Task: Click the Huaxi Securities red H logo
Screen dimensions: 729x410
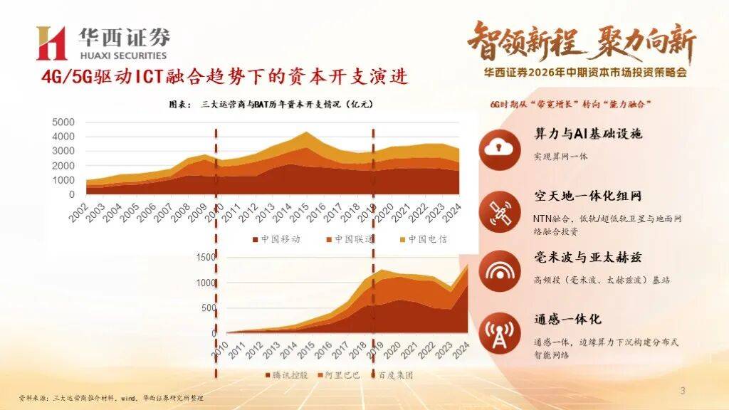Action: (x=51, y=43)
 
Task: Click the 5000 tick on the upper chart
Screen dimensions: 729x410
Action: (x=63, y=122)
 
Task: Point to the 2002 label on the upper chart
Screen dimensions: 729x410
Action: (x=79, y=213)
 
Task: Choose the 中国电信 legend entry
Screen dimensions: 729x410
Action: (x=423, y=239)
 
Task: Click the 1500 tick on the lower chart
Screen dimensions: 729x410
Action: (x=206, y=257)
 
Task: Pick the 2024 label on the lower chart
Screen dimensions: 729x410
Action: (x=461, y=349)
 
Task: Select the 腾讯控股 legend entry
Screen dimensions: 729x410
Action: (x=286, y=375)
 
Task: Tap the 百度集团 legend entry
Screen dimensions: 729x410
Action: (x=392, y=375)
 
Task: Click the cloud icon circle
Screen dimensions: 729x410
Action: (x=500, y=149)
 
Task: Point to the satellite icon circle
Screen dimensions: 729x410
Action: (x=500, y=211)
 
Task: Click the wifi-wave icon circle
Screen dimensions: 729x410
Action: (x=500, y=271)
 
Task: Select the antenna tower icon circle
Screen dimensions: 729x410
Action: (x=500, y=333)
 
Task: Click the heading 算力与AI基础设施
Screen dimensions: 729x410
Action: (x=588, y=134)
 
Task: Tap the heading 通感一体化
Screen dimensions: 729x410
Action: (x=567, y=320)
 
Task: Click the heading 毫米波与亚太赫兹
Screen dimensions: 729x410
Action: (x=588, y=258)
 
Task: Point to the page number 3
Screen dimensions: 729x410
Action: (x=683, y=391)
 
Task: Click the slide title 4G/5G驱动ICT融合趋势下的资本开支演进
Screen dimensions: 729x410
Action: (x=224, y=76)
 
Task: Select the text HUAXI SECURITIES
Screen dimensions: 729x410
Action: (x=123, y=56)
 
